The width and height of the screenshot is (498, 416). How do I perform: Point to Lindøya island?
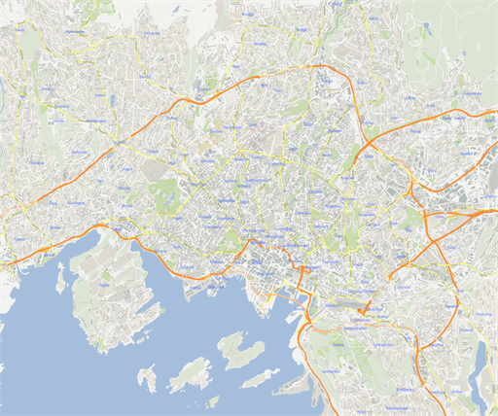pos(190,373)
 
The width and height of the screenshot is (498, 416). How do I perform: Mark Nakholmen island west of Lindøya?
pos(147,377)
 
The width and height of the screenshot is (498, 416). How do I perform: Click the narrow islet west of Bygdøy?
pos(60,279)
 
